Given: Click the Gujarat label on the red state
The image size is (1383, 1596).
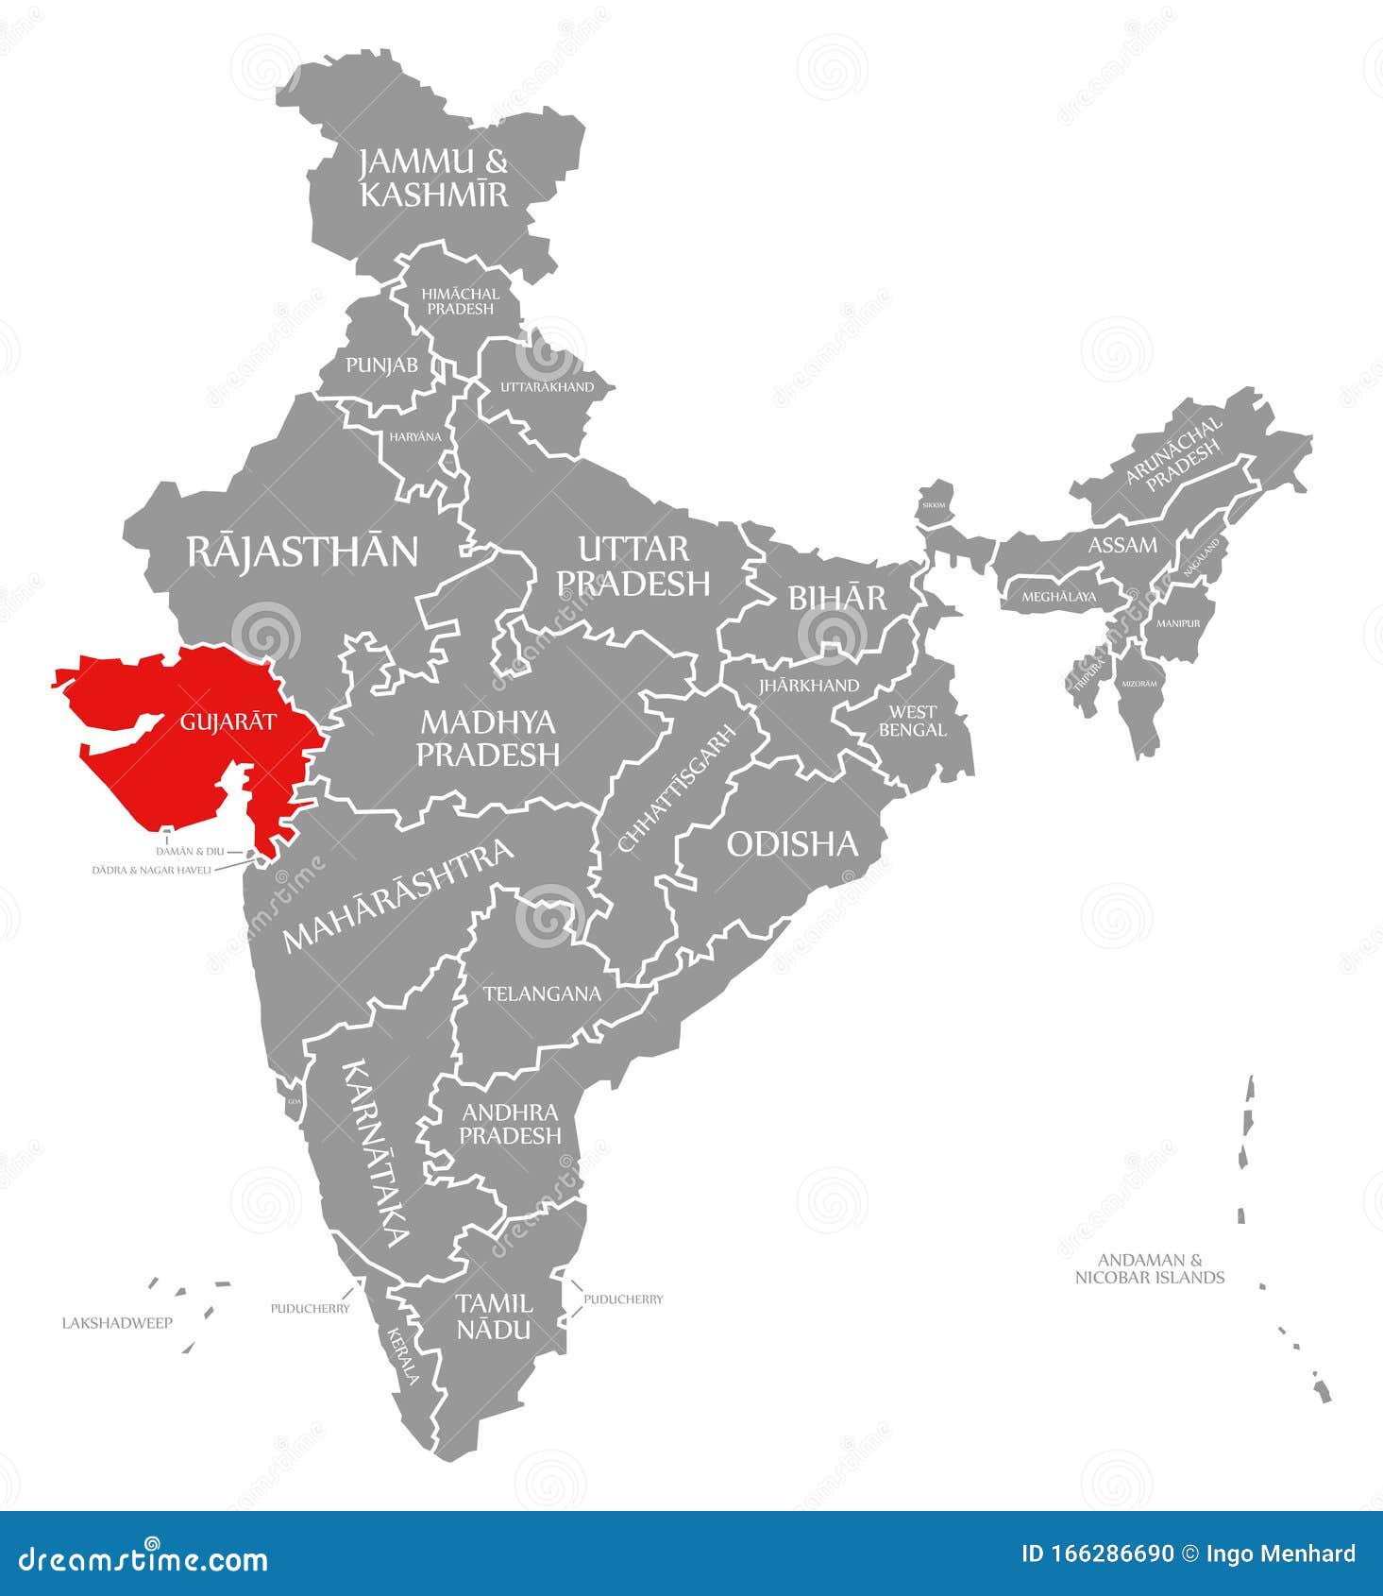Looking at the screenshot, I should click(x=228, y=722).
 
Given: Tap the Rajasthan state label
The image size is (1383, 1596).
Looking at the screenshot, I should click(x=302, y=551).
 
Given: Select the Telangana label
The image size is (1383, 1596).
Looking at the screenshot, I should click(x=542, y=993).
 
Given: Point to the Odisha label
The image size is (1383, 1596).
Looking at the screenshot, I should click(x=792, y=843).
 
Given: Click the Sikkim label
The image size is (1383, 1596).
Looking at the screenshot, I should click(x=933, y=505).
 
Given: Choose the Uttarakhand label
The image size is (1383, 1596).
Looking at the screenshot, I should click(x=547, y=387).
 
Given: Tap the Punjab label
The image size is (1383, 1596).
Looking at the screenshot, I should click(x=381, y=365).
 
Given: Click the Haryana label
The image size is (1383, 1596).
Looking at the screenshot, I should click(x=415, y=436).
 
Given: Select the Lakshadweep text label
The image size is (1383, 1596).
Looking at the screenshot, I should click(x=117, y=1323).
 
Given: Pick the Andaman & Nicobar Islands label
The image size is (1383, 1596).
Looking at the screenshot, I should click(x=1150, y=1268).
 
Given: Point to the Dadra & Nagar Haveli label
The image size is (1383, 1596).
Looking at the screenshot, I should click(x=151, y=870).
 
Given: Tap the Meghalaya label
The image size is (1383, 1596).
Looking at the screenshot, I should click(x=1059, y=597).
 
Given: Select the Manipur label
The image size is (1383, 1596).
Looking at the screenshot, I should click(x=1178, y=623).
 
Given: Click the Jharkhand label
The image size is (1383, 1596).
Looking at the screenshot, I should click(x=809, y=686).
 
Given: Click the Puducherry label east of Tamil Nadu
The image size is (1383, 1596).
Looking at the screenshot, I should click(x=623, y=1299).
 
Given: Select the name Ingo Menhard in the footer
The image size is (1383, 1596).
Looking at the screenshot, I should click(x=1281, y=1554).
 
